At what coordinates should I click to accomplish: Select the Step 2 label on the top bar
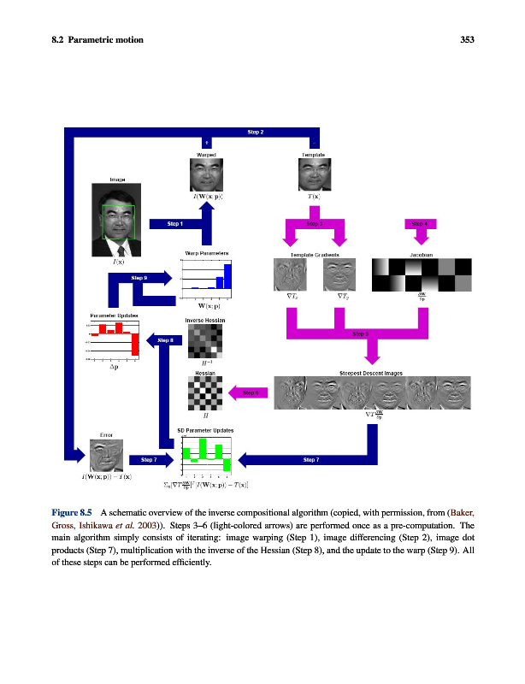coord(255,133)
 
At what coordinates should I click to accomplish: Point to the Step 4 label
coord(419,223)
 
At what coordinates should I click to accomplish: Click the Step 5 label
coord(360,334)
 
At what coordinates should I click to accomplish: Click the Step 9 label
coord(139,278)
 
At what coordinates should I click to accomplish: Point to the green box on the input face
coord(119,222)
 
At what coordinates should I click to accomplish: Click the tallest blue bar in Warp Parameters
coord(228,277)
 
